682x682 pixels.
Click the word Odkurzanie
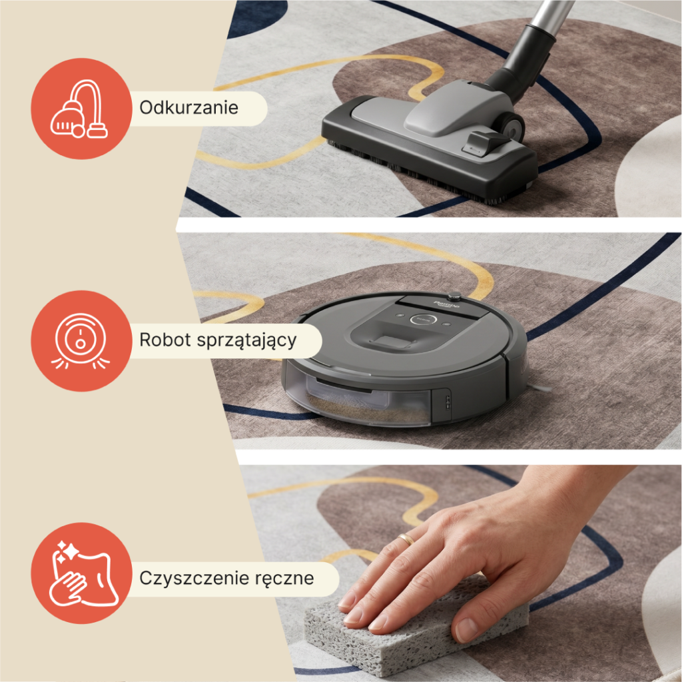(188, 107)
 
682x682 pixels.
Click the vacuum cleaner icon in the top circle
(80, 109)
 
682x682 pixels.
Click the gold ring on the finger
(407, 539)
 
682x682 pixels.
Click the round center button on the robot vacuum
(423, 320)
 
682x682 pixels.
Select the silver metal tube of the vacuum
(552, 14)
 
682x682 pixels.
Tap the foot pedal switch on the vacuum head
(487, 142)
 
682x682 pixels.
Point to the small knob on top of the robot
(454, 296)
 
